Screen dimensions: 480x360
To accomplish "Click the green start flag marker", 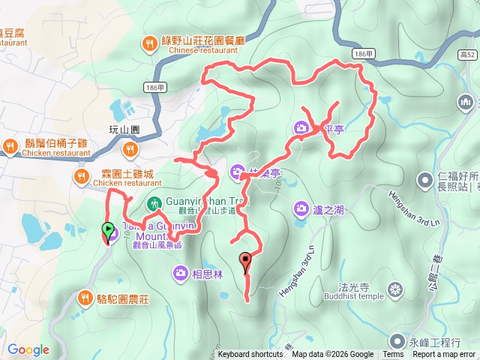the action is [108, 230].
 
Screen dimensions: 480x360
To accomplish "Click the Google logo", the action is [28, 349].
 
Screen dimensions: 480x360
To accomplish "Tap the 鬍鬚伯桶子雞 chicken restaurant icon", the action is [11, 145].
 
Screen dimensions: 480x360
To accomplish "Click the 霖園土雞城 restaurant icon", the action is [82, 177].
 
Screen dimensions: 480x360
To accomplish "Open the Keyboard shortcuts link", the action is [250, 355].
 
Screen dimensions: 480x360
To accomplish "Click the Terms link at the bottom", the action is [393, 355].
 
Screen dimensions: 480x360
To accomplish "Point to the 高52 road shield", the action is [469, 55].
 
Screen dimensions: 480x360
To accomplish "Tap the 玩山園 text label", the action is [125, 130].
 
